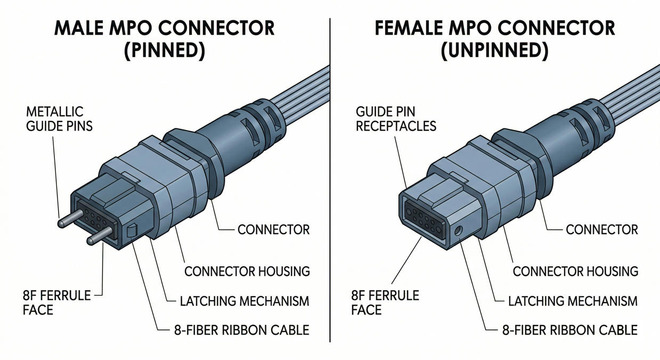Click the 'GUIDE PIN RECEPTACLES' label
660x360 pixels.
396,119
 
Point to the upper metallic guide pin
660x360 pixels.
70,220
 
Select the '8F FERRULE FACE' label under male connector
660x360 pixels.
57,302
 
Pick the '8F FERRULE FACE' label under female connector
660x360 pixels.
385,302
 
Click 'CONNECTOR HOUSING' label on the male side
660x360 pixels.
247,271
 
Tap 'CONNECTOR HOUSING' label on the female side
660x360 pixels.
575,271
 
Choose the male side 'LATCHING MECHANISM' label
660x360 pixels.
245,301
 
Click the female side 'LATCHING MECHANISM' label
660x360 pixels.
573,301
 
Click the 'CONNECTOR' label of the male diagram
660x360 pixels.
273,230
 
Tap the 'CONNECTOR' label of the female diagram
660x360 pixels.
601,230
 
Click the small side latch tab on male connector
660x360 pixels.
133,231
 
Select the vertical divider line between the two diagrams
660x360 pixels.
330,181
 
